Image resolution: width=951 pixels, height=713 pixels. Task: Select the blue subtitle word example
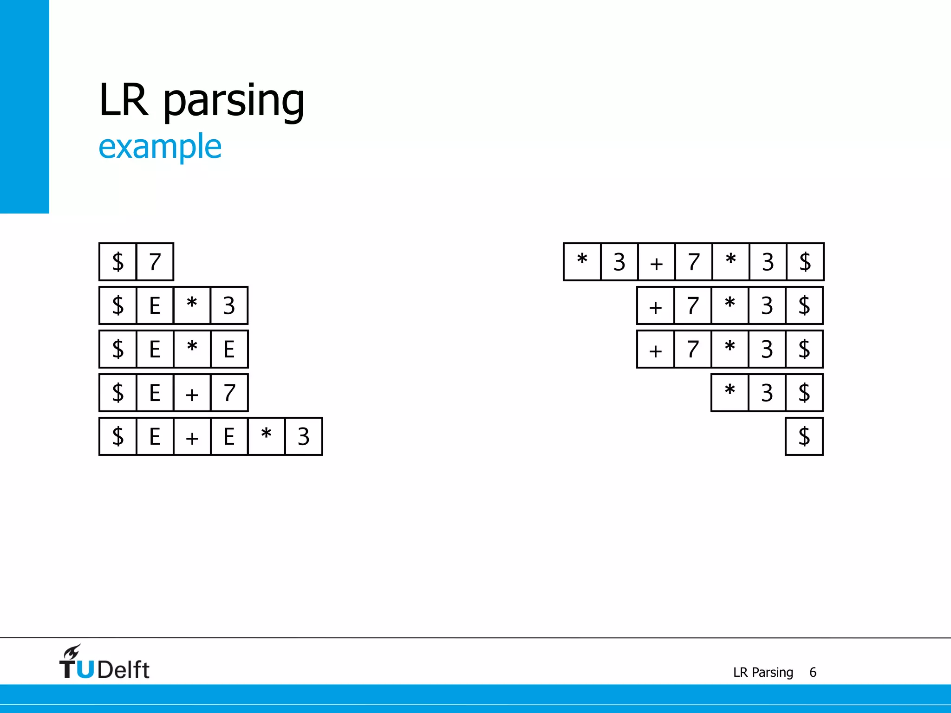pos(160,147)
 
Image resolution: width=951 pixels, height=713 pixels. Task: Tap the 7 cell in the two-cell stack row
pos(155,262)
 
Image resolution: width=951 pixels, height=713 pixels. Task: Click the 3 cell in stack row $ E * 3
pos(229,305)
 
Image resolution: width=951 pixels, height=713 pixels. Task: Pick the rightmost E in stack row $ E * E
pos(229,349)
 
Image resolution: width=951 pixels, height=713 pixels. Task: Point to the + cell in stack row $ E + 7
pos(192,393)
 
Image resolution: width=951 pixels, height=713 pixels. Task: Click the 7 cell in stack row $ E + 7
pos(229,393)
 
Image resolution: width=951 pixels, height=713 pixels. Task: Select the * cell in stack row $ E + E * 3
pos(266,436)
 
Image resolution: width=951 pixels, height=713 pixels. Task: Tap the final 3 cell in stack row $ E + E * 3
pos(303,436)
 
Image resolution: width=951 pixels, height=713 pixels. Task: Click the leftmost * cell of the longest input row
pos(582,262)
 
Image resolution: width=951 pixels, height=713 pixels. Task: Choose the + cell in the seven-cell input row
pos(656,262)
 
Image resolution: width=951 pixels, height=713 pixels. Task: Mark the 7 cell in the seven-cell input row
pos(693,262)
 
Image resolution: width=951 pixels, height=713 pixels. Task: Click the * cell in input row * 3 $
pos(730,393)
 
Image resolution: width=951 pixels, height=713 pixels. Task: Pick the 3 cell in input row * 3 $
pos(767,393)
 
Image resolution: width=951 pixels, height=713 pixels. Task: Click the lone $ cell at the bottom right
pos(804,436)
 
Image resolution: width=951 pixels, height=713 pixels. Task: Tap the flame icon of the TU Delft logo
pos(72,652)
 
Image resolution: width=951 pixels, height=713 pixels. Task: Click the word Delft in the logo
pos(124,670)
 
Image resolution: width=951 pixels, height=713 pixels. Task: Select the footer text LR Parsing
pos(763,672)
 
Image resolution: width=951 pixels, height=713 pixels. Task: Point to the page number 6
pos(813,672)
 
